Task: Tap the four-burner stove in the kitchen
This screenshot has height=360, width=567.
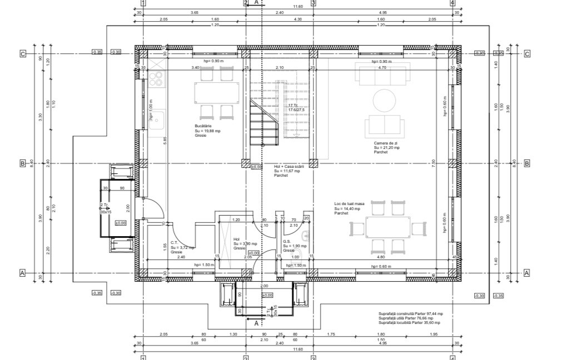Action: coord(157,80)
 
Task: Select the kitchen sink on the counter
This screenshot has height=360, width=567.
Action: coord(157,119)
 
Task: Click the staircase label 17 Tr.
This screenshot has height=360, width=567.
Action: coord(293,105)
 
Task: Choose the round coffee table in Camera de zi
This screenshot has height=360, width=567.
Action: coord(384,101)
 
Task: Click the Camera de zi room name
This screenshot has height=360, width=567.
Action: coord(386,143)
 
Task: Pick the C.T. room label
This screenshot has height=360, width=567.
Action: coord(174,243)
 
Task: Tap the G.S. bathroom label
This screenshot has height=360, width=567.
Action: coord(287,242)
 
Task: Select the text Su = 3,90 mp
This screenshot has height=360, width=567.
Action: coord(245,243)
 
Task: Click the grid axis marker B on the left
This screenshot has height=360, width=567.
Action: coord(23,164)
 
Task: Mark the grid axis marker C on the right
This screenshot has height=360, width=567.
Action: coord(527,54)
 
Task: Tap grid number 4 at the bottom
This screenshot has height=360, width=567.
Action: coord(452,358)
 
